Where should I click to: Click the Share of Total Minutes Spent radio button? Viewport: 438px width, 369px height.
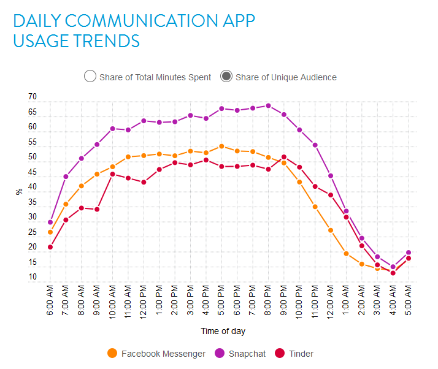pos(90,77)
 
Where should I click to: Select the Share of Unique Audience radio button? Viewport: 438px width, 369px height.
pos(226,77)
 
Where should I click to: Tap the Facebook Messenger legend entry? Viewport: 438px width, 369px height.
pos(112,353)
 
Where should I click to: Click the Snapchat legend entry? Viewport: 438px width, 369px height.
pos(219,353)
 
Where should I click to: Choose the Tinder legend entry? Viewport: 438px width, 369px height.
pos(280,353)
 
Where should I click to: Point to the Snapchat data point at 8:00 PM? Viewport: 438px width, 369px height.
pos(268,105)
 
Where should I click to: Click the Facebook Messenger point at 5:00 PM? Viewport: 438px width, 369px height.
pos(221,146)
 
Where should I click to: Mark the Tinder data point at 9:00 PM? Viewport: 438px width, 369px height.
pos(283,157)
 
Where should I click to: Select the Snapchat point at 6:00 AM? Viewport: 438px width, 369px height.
pos(50,222)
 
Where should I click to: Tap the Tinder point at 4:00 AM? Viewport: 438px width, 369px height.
pos(393,273)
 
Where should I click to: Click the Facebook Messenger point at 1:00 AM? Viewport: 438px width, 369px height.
pos(346,253)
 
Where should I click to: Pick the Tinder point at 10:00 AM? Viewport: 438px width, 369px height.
pos(112,174)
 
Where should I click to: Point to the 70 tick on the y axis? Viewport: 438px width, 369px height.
pos(32,97)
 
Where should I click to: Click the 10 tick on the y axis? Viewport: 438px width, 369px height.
pos(32,277)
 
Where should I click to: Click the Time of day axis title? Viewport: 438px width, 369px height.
pos(223,331)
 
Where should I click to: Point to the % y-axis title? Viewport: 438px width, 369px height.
pos(19,191)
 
